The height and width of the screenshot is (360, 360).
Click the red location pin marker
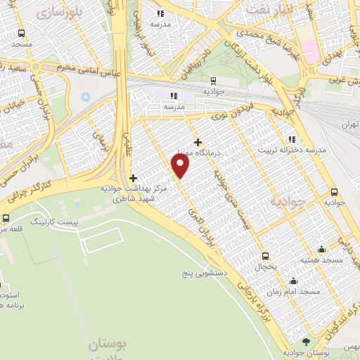pos(181,166)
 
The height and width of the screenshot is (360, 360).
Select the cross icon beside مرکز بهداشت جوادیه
pos(133,178)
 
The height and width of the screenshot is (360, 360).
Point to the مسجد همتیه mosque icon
pos(322,249)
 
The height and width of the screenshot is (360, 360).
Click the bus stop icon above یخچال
pos(265,256)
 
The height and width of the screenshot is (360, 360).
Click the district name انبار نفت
pos(268,10)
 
